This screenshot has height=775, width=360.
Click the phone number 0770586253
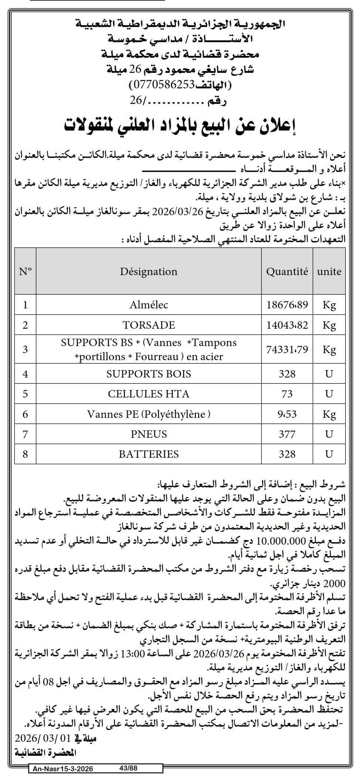coord(162,85)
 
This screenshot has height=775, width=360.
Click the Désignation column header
coord(149,271)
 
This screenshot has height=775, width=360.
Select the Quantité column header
coord(287,271)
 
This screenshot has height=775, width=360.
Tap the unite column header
coord(329,271)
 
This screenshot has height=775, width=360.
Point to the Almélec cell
coord(149,305)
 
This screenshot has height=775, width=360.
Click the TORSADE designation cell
coord(149,325)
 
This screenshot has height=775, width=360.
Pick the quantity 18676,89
coord(287,305)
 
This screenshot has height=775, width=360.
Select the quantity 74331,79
coord(287,349)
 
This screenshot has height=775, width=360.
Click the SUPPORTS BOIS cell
coord(149,374)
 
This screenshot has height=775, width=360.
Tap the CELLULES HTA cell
coord(149,394)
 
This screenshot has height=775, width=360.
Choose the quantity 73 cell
coord(287,394)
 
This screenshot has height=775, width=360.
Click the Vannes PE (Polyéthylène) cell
coord(149,414)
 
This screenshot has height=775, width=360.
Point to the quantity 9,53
coord(287,414)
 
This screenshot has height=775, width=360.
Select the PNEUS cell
coord(149,434)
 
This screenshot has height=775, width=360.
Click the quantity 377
coord(287,434)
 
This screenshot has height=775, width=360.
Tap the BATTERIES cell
coord(149,454)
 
